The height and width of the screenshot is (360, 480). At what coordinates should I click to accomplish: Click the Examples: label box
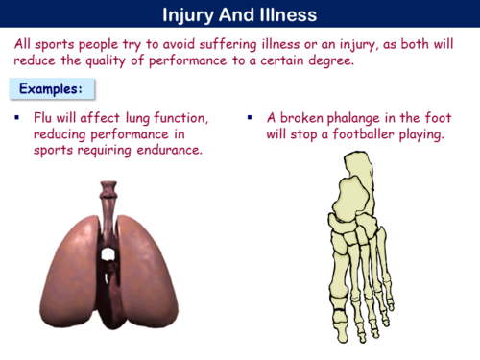[51, 89]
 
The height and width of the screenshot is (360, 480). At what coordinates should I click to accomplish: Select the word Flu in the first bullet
[43, 117]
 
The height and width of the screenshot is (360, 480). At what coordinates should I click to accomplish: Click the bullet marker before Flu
[17, 117]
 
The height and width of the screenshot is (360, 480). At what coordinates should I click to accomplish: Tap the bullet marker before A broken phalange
[249, 117]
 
